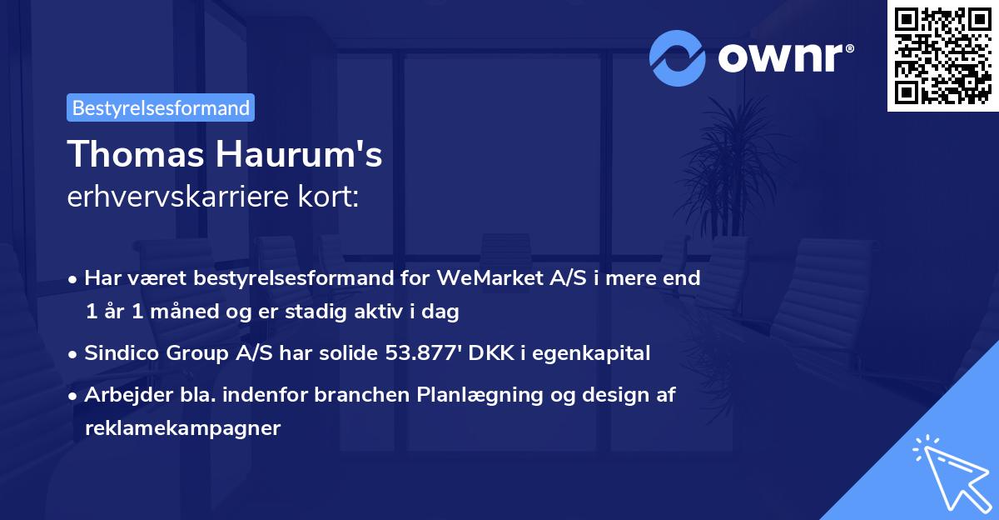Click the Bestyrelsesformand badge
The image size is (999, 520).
(161, 107)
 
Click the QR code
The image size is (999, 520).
(942, 55)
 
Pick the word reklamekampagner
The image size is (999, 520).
(183, 428)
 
